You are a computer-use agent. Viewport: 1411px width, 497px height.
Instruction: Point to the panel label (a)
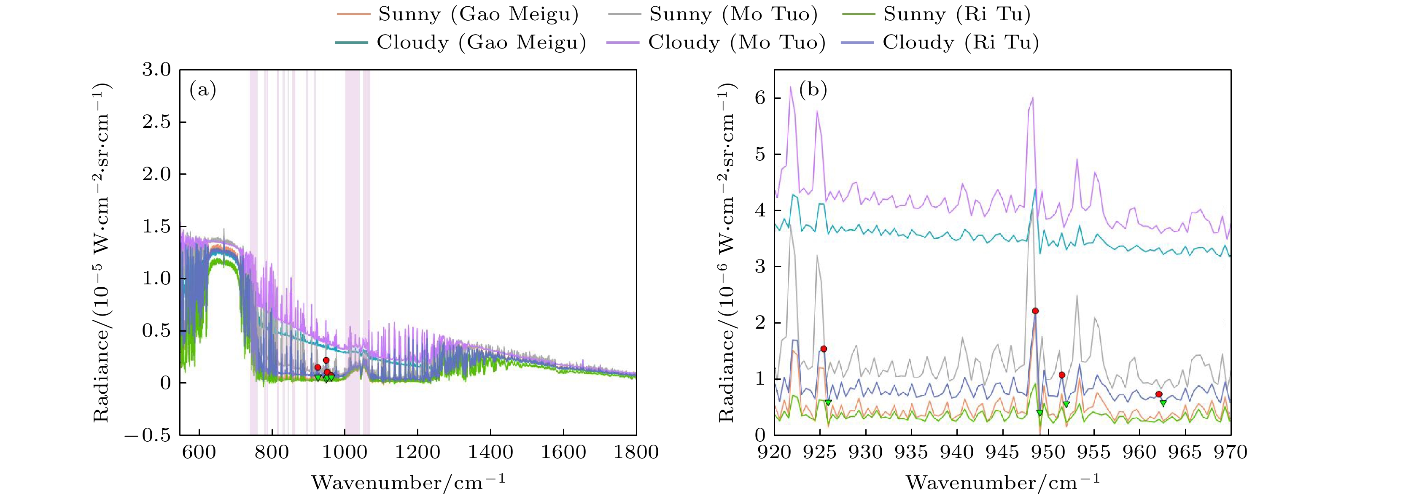click(203, 89)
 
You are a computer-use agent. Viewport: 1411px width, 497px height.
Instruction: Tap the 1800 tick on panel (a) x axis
click(636, 453)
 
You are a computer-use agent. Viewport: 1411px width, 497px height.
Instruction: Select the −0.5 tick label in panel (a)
click(148, 436)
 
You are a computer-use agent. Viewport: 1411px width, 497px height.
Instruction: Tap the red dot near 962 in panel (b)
click(1158, 394)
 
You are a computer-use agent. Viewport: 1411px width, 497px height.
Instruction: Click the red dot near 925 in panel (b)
click(823, 349)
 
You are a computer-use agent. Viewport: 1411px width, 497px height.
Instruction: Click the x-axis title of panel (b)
click(1002, 483)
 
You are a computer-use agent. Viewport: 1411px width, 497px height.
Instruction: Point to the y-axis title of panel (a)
click(102, 253)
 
